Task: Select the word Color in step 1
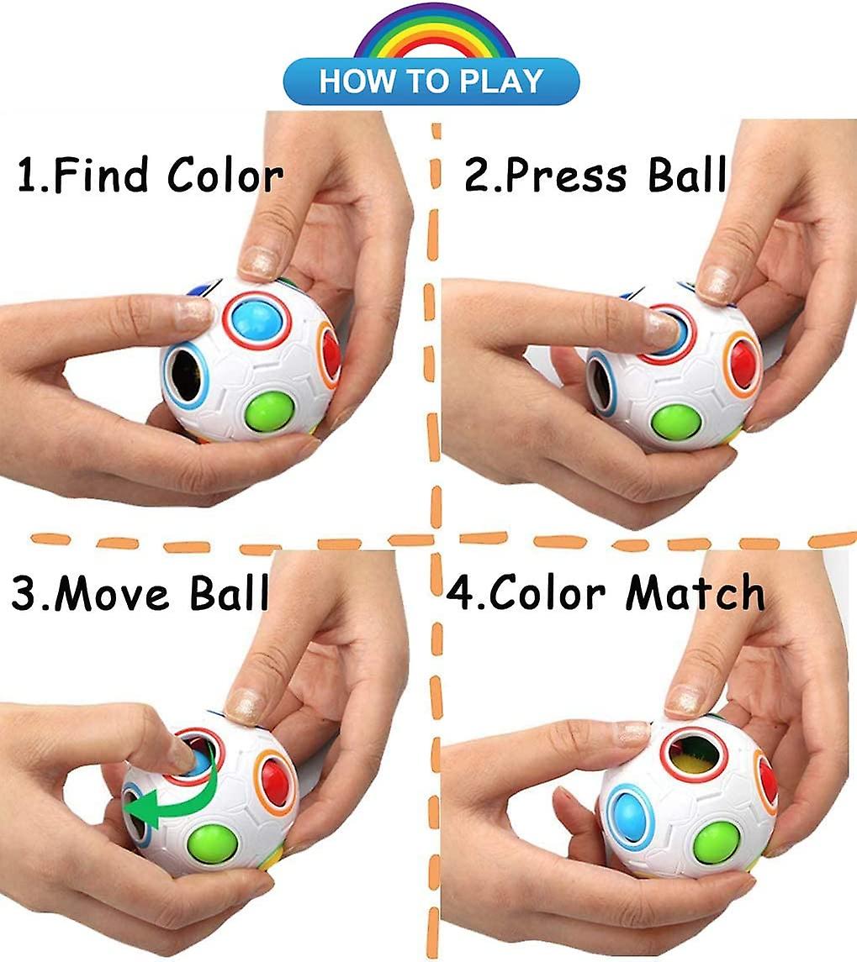click(225, 175)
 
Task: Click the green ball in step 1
click(270, 411)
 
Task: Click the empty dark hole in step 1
click(183, 374)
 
